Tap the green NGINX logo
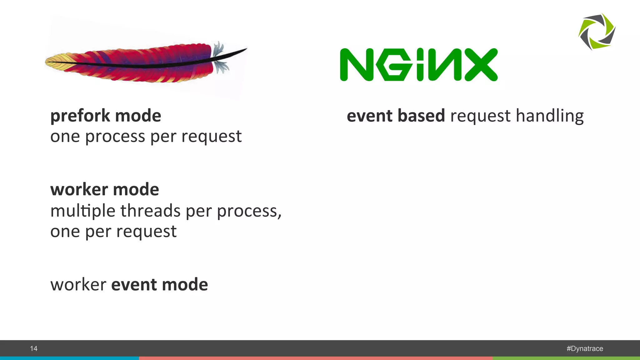418,65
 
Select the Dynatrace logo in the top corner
597,32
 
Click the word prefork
80,116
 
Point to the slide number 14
34,348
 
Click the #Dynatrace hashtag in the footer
585,348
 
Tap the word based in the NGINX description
421,116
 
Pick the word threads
151,211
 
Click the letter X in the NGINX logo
481,65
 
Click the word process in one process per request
115,137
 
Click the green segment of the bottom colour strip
566,358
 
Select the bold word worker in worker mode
79,190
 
